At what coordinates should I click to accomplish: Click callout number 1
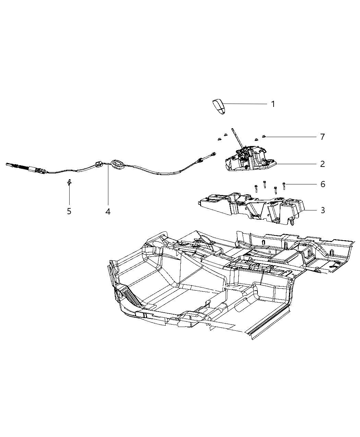(x=273, y=104)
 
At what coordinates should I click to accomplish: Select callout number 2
(x=322, y=164)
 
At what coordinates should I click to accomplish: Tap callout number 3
(x=322, y=210)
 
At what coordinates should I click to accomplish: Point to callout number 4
(x=108, y=212)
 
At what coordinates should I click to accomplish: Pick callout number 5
(x=69, y=211)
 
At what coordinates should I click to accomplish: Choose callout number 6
(x=322, y=184)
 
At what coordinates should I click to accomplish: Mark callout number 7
(x=322, y=137)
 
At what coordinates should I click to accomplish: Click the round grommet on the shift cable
(x=118, y=164)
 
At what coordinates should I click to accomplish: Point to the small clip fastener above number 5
(x=69, y=182)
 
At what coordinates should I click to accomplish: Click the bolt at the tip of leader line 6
(x=285, y=185)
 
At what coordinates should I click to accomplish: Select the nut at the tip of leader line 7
(x=264, y=137)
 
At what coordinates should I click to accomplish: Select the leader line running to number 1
(x=247, y=104)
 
